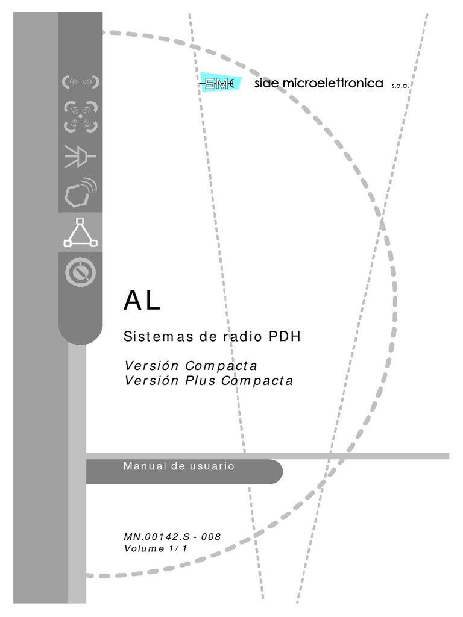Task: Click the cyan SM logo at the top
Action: [220, 84]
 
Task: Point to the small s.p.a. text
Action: [400, 86]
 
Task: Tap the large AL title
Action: [142, 301]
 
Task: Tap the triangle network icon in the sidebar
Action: [80, 232]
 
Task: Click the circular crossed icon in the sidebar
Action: [80, 272]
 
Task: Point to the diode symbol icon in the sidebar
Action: [80, 155]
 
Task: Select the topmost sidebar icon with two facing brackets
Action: [80, 82]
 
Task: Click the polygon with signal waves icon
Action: [80, 192]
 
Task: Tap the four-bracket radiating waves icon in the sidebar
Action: [80, 116]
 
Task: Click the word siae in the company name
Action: [263, 84]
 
